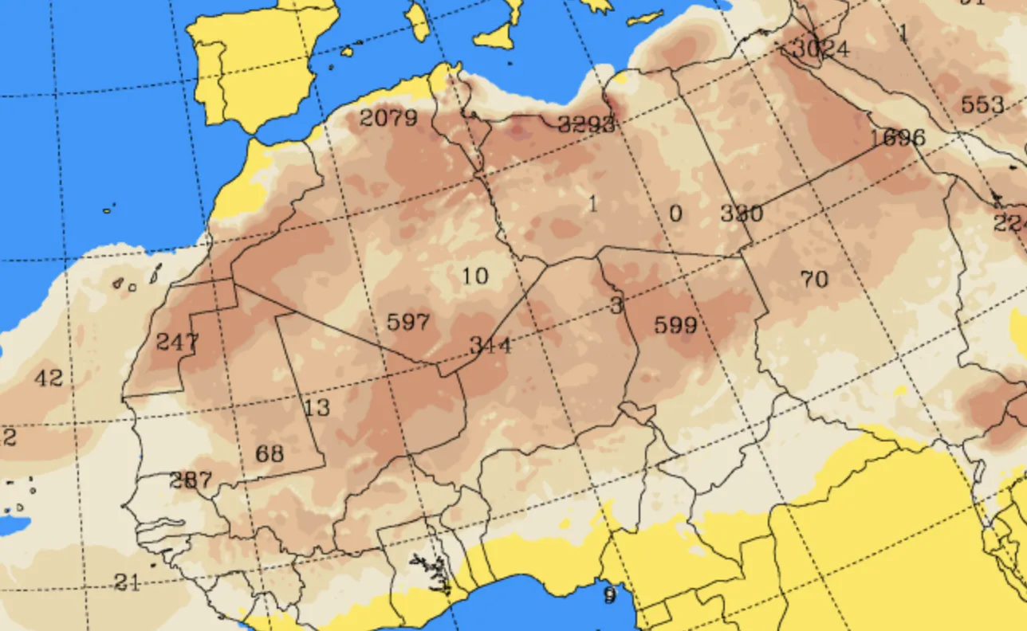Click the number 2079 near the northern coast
388,119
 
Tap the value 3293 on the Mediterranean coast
586,124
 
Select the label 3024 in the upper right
821,49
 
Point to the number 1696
898,138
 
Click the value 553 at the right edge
982,104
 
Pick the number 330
742,214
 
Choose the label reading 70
814,280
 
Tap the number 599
675,325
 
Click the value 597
407,323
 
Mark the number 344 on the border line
490,345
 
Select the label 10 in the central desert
474,276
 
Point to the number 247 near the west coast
177,343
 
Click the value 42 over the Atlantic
49,378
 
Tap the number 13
317,408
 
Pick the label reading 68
270,454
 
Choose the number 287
191,480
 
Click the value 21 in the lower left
127,582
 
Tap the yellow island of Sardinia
418,22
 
